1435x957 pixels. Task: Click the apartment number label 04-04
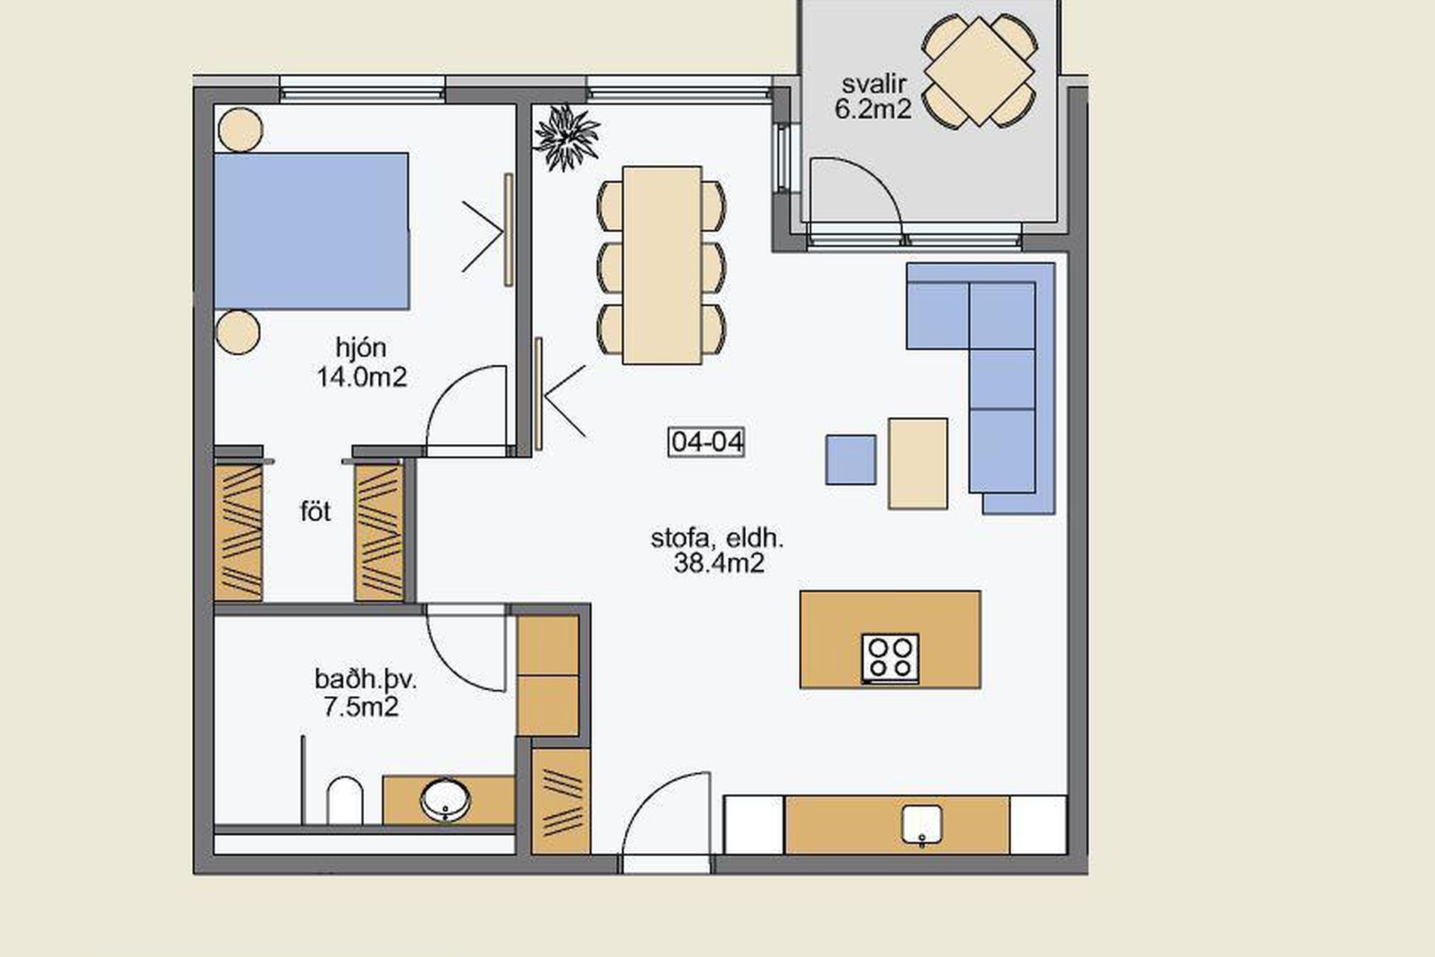click(x=706, y=442)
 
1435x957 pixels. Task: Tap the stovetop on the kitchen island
click(x=890, y=658)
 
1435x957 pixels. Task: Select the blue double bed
click(x=312, y=231)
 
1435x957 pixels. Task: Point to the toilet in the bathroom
click(x=345, y=801)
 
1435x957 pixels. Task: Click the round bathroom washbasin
click(x=445, y=800)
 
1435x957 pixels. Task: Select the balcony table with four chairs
click(x=979, y=72)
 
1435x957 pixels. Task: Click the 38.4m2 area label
click(x=719, y=563)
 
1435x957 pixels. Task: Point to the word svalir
click(x=874, y=84)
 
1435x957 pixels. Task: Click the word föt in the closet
click(x=315, y=512)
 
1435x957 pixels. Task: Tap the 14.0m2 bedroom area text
click(x=362, y=377)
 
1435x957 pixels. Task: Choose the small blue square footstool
click(x=851, y=460)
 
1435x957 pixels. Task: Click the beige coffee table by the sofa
click(x=918, y=464)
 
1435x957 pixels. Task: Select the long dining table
click(x=661, y=265)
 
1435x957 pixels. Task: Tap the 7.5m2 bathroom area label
click(x=361, y=707)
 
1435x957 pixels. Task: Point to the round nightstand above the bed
click(x=240, y=129)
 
